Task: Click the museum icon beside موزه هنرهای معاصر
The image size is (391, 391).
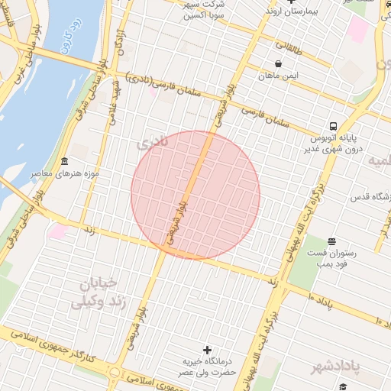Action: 63,162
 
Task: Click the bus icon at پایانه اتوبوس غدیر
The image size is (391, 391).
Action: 334,126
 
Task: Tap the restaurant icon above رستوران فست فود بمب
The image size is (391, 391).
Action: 330,241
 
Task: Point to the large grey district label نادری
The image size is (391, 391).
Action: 150,144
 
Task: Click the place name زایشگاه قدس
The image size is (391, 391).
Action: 370,197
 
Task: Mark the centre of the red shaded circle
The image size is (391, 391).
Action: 195,195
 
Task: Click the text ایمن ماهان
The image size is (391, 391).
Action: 278,76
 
